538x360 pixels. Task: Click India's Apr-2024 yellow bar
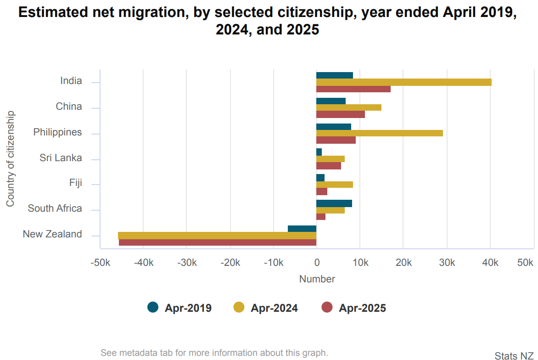403,82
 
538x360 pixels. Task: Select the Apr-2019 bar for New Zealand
302,229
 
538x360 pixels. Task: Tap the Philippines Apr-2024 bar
379,133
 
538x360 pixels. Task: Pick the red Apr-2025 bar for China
340,114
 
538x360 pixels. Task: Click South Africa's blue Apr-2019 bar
334,203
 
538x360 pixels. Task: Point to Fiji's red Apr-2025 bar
321,191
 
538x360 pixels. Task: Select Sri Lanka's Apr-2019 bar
319,152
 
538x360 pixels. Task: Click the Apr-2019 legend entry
179,308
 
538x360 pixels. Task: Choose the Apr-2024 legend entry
265,308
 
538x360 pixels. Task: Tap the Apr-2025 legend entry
353,308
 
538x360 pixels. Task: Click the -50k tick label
100,263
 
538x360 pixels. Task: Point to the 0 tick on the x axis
316,263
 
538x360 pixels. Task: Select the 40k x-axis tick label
490,263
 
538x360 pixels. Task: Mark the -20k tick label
230,263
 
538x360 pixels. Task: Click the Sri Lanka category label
61,158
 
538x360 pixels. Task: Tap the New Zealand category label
52,234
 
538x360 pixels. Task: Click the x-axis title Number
317,279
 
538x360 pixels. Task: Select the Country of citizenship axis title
10,158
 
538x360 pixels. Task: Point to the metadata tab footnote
214,353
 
